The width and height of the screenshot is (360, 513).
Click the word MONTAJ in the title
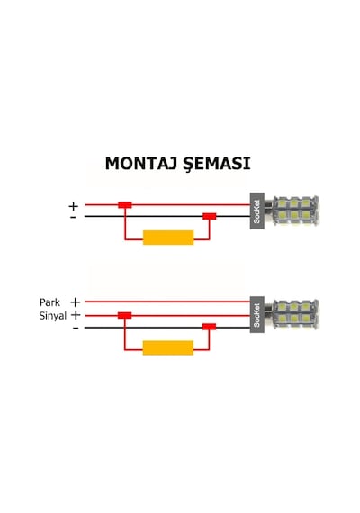tap(140, 164)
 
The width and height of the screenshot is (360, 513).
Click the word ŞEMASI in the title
tap(217, 164)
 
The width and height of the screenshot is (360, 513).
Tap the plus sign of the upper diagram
tap(73, 206)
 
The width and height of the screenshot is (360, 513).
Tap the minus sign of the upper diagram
tap(73, 217)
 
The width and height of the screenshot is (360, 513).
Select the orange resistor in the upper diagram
tap(168, 238)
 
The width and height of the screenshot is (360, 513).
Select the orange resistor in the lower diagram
tap(168, 347)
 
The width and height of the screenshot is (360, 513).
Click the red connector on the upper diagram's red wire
tap(125, 205)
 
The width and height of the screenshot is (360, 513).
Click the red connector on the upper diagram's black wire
tap(210, 216)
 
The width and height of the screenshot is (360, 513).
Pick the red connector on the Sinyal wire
tap(125, 315)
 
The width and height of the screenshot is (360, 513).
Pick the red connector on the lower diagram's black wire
tap(209, 327)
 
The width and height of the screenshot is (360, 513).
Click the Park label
tap(49, 302)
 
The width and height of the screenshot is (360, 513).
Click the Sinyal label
tap(53, 316)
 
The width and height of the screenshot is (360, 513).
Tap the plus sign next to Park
tap(76, 302)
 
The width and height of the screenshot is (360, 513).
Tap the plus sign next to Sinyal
tap(76, 315)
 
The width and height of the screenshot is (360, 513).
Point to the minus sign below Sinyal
tap(76, 328)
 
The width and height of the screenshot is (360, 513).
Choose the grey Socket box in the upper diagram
tap(256, 211)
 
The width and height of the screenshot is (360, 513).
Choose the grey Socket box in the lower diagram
tap(256, 315)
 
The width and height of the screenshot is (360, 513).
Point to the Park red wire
tap(167, 301)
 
